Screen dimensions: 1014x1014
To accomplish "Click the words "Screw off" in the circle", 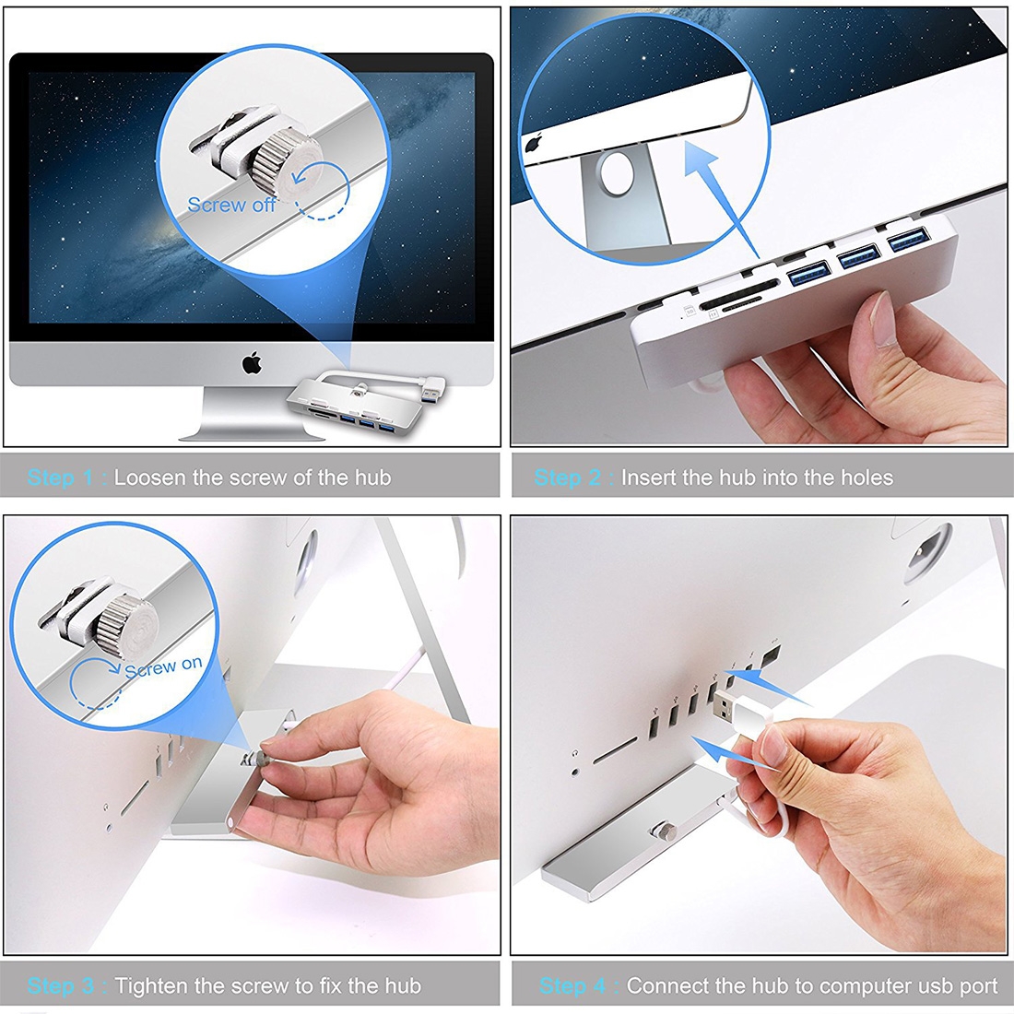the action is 231,205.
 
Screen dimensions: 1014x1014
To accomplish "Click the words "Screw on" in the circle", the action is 163,666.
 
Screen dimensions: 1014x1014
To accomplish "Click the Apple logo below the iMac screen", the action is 252,363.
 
